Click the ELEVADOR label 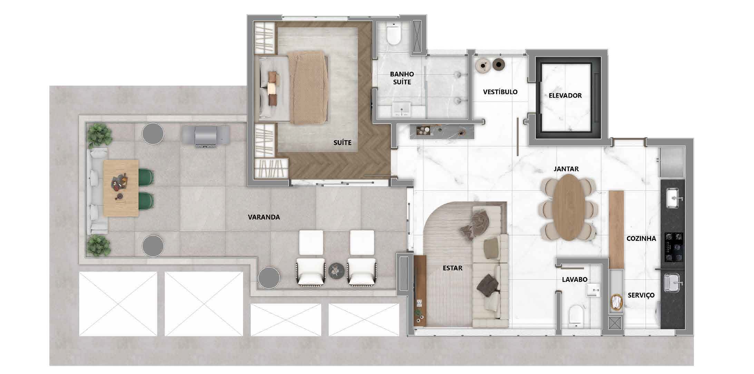[x=565, y=95]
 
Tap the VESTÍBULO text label [x=500, y=92]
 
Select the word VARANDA [x=264, y=217]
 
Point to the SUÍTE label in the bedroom [x=342, y=142]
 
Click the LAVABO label [x=575, y=280]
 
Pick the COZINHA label [x=641, y=238]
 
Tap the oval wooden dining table [x=569, y=208]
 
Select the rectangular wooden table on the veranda [x=121, y=188]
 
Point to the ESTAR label [x=452, y=268]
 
